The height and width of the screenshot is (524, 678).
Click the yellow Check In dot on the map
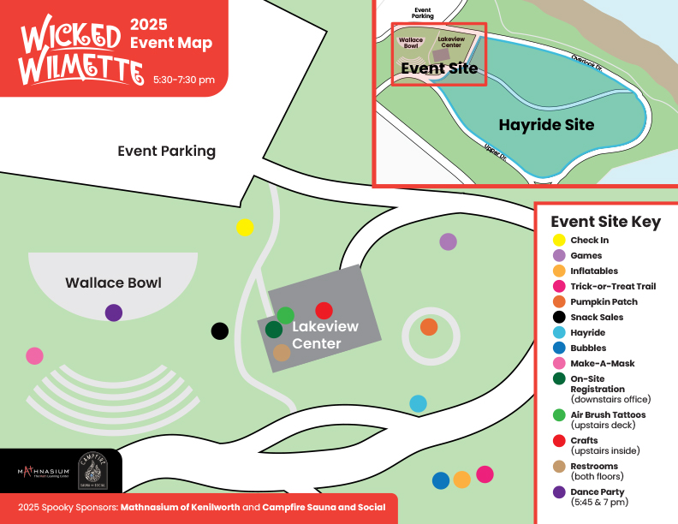point(245,227)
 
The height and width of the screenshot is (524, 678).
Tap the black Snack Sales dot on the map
point(220,330)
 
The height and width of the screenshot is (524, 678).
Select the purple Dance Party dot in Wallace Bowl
point(114,313)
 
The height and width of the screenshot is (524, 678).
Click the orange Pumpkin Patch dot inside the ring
point(429,327)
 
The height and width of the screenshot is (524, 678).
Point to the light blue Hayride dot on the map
point(418,402)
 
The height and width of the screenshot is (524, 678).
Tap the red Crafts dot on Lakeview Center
point(324,311)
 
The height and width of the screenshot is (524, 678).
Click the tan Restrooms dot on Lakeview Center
point(282,352)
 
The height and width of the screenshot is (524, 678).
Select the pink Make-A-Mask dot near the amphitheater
point(34,354)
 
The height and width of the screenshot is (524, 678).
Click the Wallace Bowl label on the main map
point(113,283)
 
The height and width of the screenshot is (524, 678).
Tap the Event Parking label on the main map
point(166,152)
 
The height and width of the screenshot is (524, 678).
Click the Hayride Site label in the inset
point(546,125)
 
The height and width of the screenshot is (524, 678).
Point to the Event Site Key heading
point(605,222)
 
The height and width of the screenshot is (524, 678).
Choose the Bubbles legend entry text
point(588,348)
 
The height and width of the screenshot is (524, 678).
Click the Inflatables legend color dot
point(559,271)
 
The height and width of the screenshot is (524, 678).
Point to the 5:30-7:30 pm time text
point(184,80)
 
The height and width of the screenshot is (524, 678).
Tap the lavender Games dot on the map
point(448,241)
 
